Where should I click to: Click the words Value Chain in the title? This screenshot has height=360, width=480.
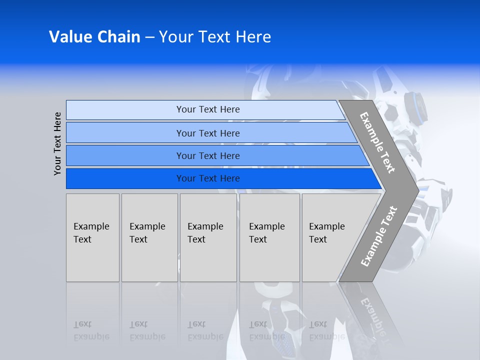pyautogui.click(x=94, y=37)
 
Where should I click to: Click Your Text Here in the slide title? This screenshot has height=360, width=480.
pyautogui.click(x=215, y=37)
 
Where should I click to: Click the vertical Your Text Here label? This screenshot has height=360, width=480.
pyautogui.click(x=57, y=143)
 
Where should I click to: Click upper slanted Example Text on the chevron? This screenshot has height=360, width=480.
pyautogui.click(x=378, y=142)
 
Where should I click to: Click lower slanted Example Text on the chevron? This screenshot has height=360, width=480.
pyautogui.click(x=379, y=236)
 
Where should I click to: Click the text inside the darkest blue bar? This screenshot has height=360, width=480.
pyautogui.click(x=208, y=178)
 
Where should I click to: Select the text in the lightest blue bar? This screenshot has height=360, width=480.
pyautogui.click(x=208, y=109)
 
